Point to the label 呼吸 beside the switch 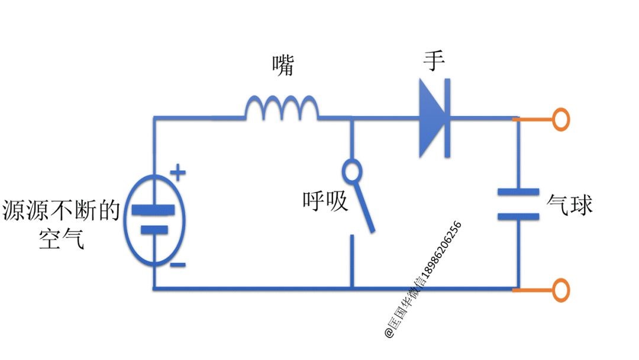pos(325,202)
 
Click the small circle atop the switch pos(352,172)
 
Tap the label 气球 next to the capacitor pos(570,205)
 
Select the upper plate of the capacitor pos(518,192)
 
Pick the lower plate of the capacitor pos(518,217)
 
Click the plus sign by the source pos(177,173)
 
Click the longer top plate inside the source pos(153,210)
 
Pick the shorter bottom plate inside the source pos(153,230)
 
